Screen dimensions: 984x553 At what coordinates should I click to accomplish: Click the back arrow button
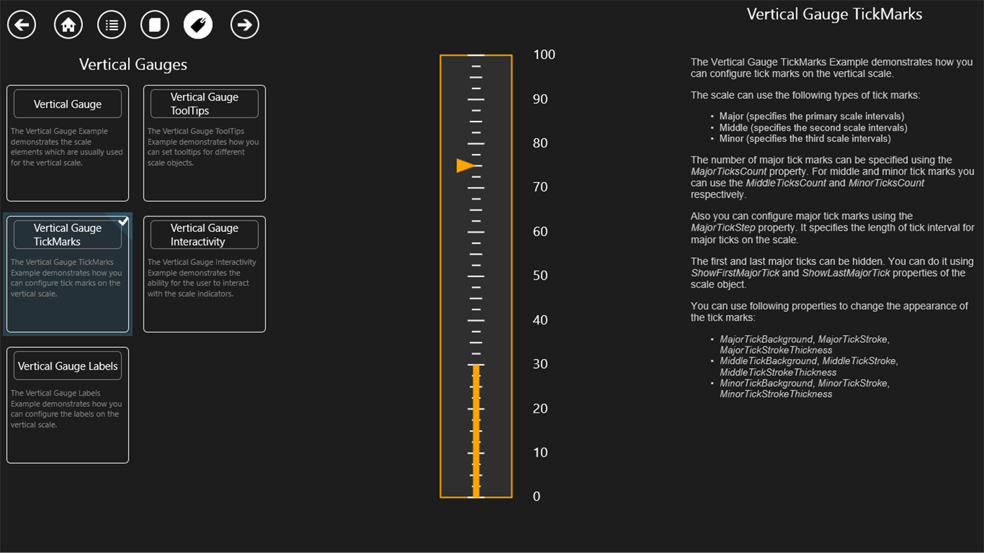coord(22,25)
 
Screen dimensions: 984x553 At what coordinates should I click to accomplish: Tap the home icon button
coord(68,25)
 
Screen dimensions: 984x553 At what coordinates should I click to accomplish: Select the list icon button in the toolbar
coord(112,25)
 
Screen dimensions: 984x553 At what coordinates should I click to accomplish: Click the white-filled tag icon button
coord(198,25)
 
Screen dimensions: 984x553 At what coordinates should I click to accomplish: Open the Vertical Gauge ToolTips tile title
coord(204,103)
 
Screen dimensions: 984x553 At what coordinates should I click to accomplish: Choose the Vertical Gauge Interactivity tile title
coord(204,235)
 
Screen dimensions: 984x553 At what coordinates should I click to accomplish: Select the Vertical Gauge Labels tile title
coord(68,366)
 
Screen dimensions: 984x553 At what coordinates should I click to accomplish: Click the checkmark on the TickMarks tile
coord(123,221)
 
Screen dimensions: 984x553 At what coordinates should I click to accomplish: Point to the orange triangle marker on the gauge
coord(465,165)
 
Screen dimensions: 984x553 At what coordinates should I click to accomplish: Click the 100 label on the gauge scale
coord(544,54)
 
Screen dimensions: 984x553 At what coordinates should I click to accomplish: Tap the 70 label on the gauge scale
coord(540,187)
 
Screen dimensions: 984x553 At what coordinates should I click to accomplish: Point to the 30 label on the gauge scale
coord(540,364)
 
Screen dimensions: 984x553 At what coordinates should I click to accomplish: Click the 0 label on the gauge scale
coord(537,496)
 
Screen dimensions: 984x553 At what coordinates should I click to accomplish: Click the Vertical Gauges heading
coord(133,65)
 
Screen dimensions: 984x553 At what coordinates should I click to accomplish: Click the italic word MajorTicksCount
coord(729,171)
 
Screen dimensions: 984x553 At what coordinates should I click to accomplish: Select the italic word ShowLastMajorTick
coord(845,273)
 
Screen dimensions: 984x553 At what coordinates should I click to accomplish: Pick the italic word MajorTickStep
coord(722,228)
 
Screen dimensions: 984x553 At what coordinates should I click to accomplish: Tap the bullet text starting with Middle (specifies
coord(813,128)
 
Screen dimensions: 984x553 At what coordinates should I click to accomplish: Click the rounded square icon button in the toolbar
coord(155,25)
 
